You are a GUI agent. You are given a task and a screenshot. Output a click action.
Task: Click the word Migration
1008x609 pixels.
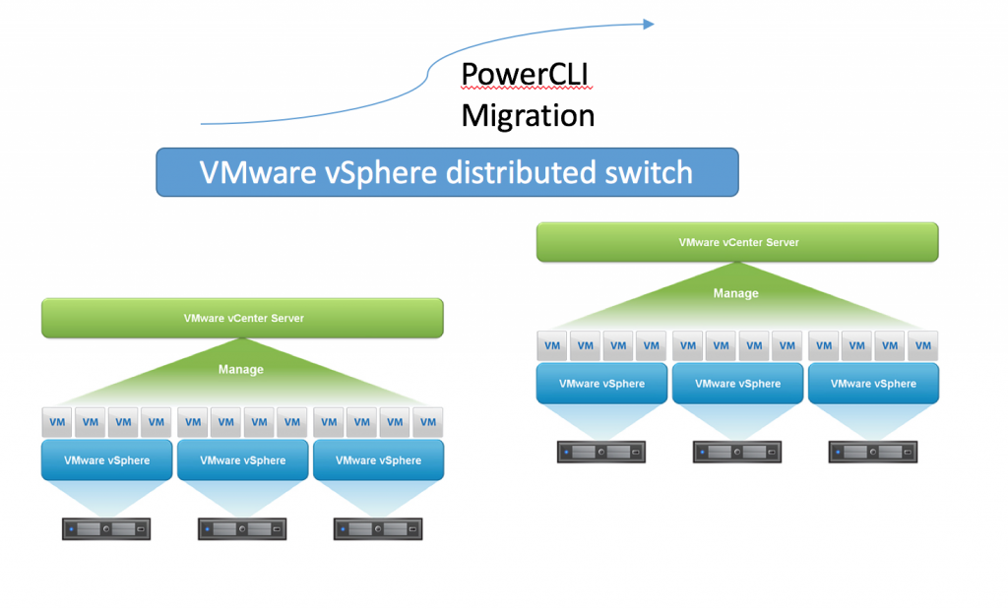point(528,115)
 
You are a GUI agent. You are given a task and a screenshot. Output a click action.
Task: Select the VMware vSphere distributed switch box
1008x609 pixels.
point(447,172)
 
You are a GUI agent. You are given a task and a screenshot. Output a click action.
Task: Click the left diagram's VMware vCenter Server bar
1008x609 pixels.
point(242,319)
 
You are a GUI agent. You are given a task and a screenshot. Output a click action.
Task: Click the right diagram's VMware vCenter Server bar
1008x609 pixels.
point(737,242)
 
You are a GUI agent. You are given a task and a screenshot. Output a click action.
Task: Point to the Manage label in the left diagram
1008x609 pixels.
point(241,370)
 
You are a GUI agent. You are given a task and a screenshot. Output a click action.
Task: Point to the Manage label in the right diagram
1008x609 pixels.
point(735,293)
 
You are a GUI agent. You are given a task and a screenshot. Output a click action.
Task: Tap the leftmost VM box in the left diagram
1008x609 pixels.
point(58,422)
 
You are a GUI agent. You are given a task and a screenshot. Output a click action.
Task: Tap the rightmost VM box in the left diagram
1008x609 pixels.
point(428,422)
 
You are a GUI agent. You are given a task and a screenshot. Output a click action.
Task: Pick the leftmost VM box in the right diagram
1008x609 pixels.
point(552,345)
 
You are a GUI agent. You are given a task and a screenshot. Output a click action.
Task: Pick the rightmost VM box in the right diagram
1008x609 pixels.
point(922,345)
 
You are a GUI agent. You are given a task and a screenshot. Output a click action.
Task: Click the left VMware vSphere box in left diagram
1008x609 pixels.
point(106,460)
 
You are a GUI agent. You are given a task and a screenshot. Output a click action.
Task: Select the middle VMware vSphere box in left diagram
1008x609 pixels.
point(242,460)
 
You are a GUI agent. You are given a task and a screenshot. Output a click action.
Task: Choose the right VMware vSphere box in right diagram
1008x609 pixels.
point(873,384)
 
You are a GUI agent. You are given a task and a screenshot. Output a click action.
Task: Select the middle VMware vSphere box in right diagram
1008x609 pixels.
point(737,384)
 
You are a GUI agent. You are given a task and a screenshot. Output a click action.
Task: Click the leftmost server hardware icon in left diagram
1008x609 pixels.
point(106,529)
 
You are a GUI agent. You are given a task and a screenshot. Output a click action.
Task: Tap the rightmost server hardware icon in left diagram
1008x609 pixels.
point(378,529)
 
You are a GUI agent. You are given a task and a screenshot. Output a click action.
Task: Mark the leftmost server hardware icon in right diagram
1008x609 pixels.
point(601,453)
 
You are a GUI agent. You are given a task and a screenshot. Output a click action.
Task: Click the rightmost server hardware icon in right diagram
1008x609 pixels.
point(873,453)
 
